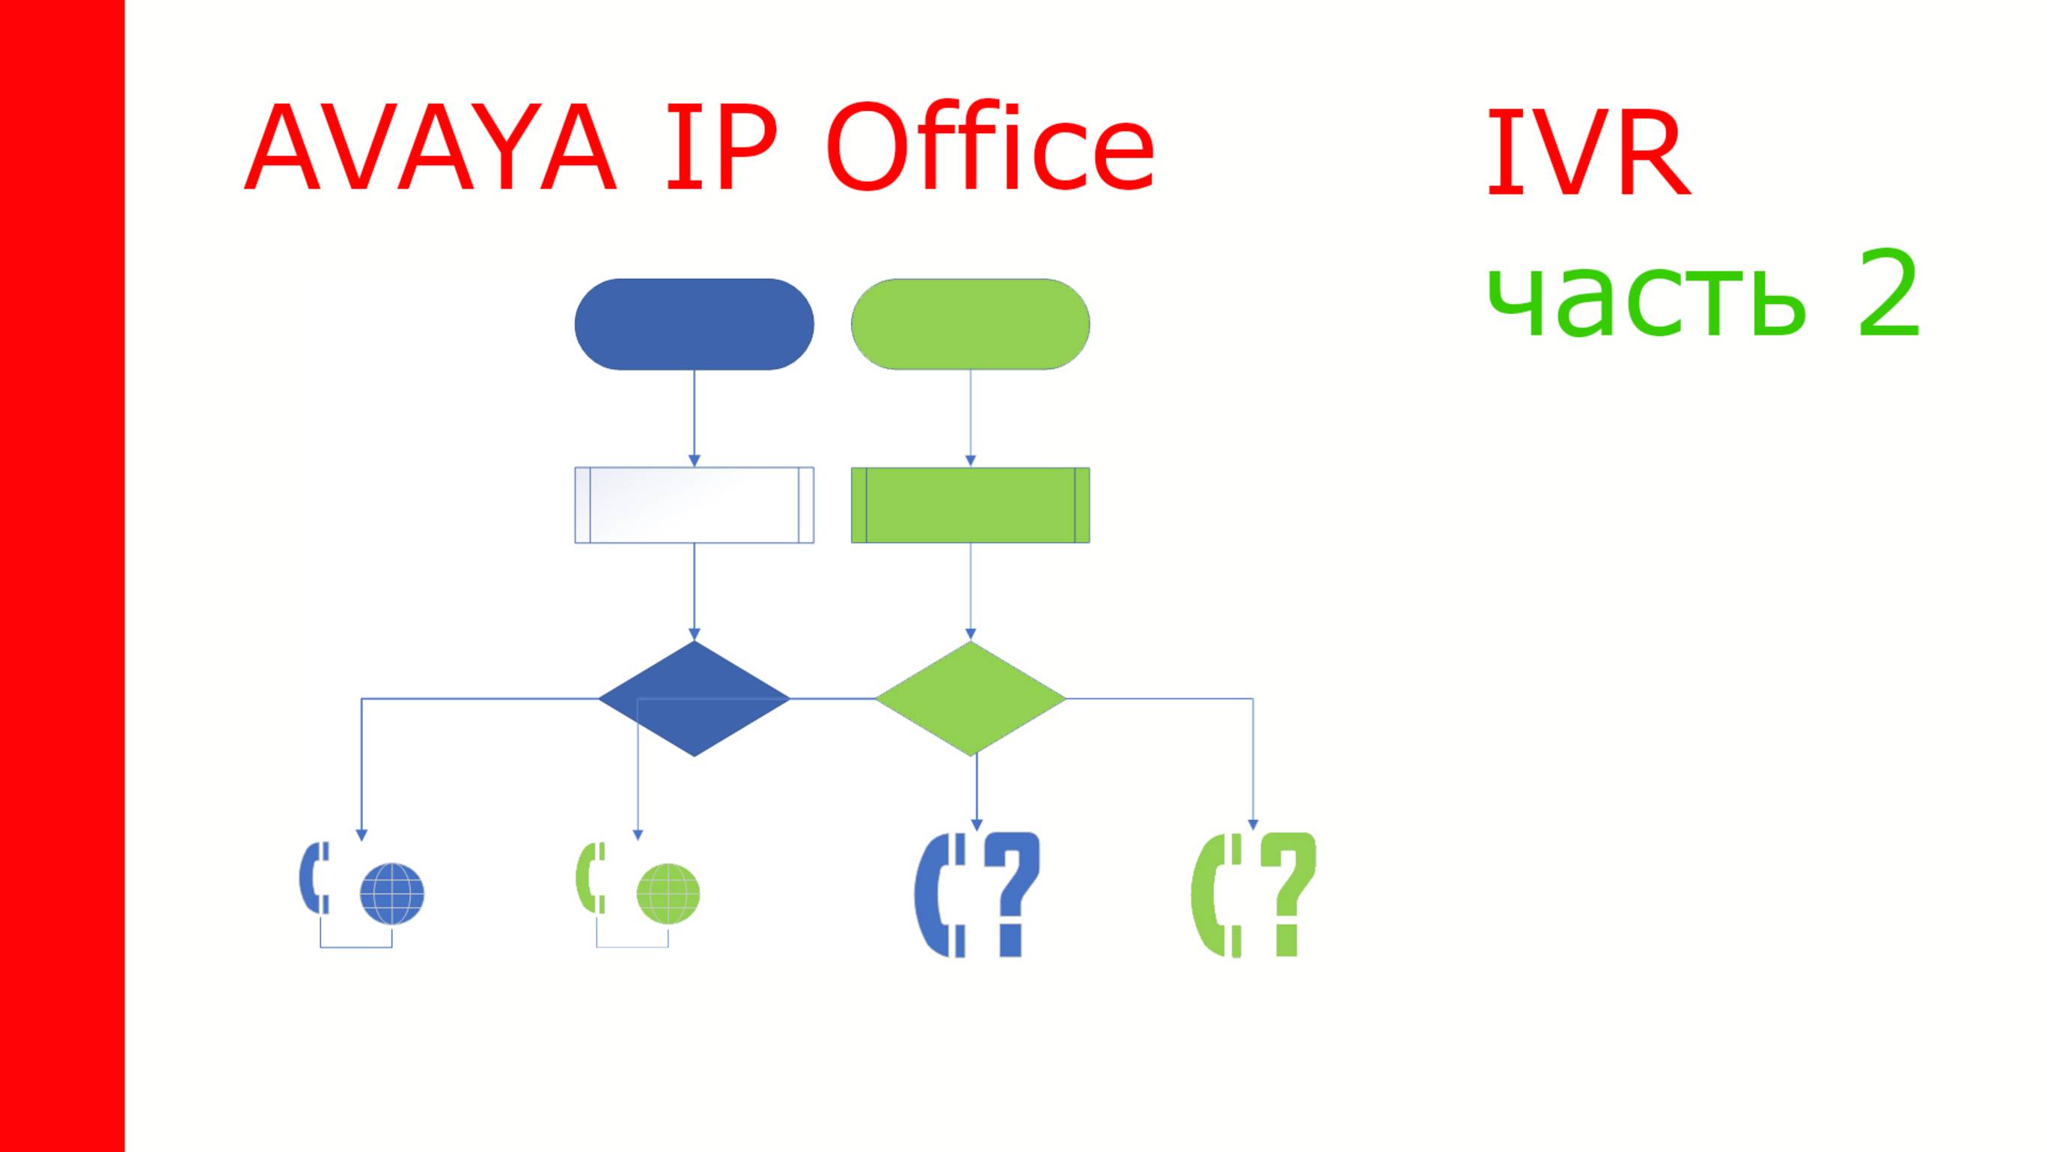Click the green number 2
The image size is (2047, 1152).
pyautogui.click(x=1888, y=294)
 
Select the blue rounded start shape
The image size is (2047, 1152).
pyautogui.click(x=694, y=324)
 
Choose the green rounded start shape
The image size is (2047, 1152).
pyautogui.click(x=970, y=324)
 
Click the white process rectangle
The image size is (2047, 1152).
pyautogui.click(x=694, y=505)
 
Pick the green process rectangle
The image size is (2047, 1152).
pyautogui.click(x=970, y=505)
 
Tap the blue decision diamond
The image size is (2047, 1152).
pyautogui.click(x=694, y=699)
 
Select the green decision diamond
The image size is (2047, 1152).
pyautogui.click(x=970, y=699)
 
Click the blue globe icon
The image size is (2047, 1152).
pyautogui.click(x=391, y=894)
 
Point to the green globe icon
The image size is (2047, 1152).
pyautogui.click(x=668, y=894)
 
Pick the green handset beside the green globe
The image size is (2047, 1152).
pyautogui.click(x=591, y=878)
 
